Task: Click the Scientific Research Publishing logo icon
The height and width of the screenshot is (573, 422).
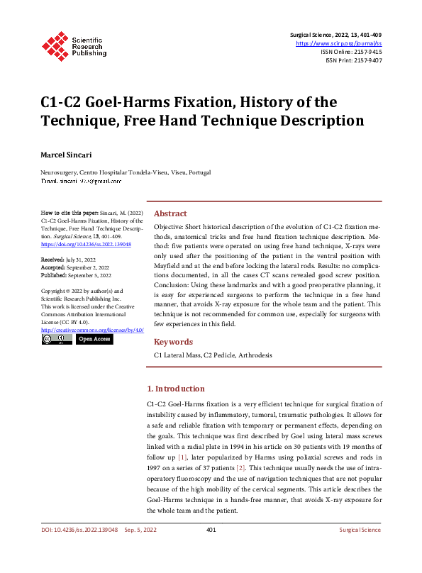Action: pos(55,45)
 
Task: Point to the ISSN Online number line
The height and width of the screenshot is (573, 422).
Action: pos(351,52)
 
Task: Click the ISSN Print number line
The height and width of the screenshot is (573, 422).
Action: pos(353,61)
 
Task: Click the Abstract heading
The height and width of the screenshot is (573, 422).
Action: pos(170,213)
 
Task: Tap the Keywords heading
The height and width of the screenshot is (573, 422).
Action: pos(173,341)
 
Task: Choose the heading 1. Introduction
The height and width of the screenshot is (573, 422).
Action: pos(175,389)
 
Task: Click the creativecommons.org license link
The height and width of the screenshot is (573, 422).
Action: pos(92,330)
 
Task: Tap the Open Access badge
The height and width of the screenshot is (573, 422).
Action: pos(94,340)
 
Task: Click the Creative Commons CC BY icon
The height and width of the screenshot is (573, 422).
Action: pos(57,340)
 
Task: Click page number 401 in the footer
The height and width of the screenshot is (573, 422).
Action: pos(211,550)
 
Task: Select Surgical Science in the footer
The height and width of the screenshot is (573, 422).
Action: pos(360,550)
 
